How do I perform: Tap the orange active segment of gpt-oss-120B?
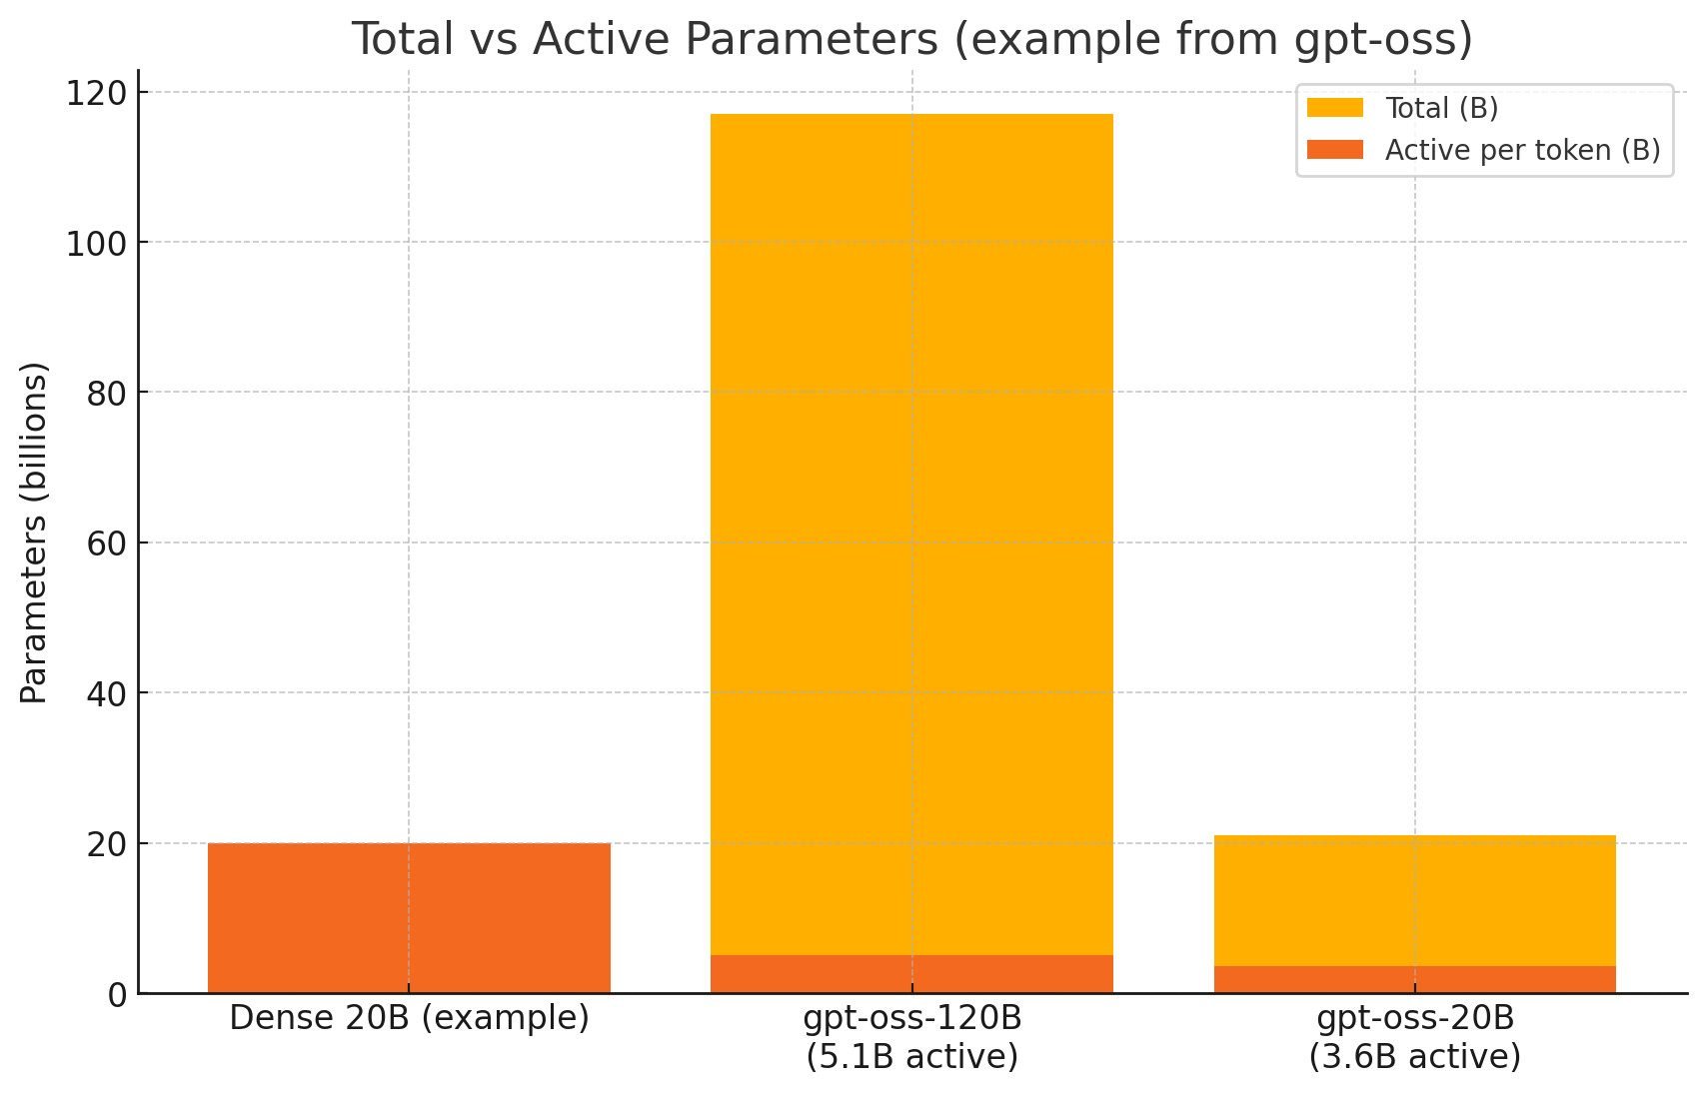click(911, 974)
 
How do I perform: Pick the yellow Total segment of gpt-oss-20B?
click(1414, 900)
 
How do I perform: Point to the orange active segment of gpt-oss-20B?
click(1414, 979)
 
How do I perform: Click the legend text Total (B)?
click(1441, 108)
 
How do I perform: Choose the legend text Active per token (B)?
click(1522, 150)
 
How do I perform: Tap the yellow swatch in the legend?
click(1334, 108)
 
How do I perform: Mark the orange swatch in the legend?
click(1334, 150)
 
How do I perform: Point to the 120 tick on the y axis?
click(95, 93)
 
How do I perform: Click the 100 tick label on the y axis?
click(95, 243)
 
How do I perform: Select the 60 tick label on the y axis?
click(106, 544)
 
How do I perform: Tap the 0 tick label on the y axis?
click(118, 995)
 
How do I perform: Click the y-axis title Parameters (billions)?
click(34, 533)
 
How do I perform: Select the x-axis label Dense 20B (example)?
click(409, 1018)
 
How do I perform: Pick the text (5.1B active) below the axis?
click(911, 1057)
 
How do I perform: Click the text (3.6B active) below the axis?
click(1414, 1057)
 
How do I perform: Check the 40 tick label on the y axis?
click(106, 693)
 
